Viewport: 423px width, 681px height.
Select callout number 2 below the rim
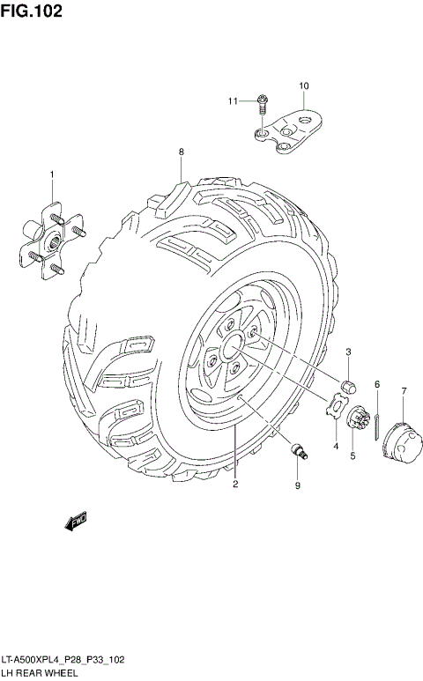click(x=235, y=484)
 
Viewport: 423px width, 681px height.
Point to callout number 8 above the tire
click(x=182, y=152)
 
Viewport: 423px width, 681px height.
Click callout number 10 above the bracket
click(x=303, y=85)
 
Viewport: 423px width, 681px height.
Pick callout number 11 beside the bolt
click(x=234, y=101)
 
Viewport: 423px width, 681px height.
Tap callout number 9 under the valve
click(x=297, y=485)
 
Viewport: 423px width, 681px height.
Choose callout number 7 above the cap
click(x=403, y=390)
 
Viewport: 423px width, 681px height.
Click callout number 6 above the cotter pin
click(x=376, y=384)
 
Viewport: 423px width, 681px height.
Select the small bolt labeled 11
click(x=263, y=105)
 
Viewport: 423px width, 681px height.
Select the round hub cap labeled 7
click(x=400, y=436)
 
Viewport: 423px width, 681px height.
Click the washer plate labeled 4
click(x=335, y=407)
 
